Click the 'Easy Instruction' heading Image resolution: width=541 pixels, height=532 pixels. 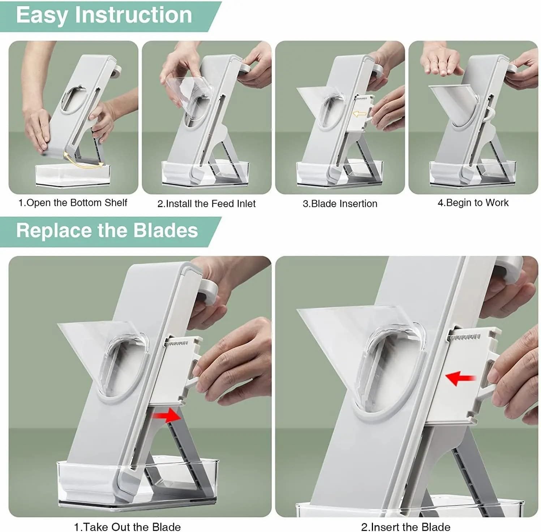tap(104, 15)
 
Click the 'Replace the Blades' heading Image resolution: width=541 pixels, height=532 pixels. tap(107, 230)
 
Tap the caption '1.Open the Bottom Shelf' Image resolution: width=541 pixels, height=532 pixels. tap(73, 203)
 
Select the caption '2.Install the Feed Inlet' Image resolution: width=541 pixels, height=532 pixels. tap(206, 204)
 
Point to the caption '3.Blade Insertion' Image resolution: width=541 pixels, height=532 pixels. tap(340, 204)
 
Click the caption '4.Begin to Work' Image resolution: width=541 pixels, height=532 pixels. tap(473, 203)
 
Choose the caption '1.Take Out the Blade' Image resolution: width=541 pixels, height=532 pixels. tap(127, 527)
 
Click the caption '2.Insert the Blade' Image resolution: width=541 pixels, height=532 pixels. tap(405, 527)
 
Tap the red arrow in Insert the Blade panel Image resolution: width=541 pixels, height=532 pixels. tap(460, 378)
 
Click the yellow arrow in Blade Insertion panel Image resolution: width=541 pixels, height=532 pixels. tap(360, 114)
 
